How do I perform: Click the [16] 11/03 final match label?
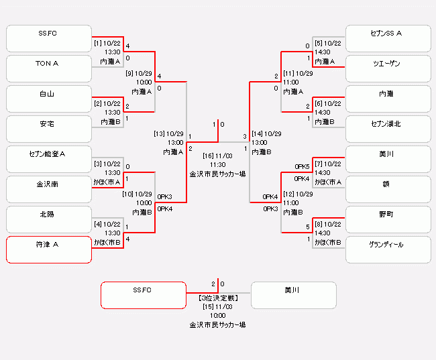pyautogui.click(x=217, y=156)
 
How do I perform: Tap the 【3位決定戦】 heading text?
pyautogui.click(x=217, y=297)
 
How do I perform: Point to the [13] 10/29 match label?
pyautogui.click(x=169, y=133)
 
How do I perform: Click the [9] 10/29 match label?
pyautogui.click(x=139, y=73)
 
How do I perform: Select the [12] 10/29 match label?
pyautogui.click(x=298, y=194)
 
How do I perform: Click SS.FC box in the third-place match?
pyautogui.click(x=143, y=295)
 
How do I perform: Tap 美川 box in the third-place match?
pyautogui.click(x=293, y=295)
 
